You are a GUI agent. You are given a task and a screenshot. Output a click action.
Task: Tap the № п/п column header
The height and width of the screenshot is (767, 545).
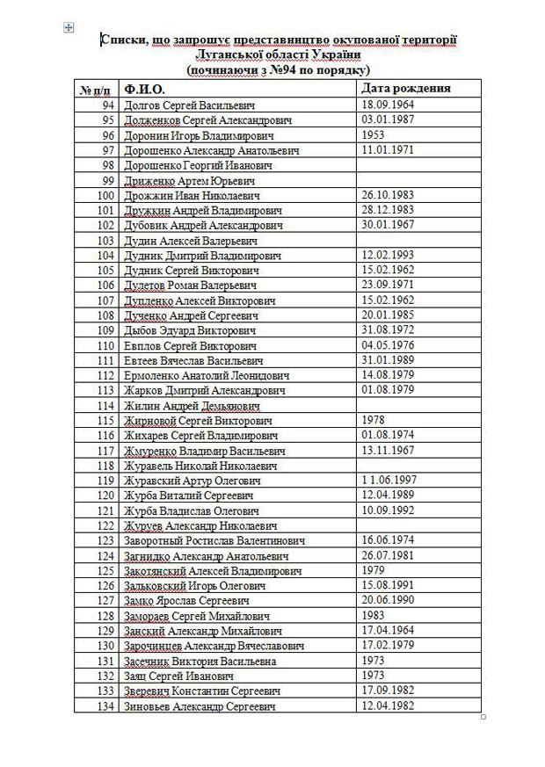pyautogui.click(x=96, y=90)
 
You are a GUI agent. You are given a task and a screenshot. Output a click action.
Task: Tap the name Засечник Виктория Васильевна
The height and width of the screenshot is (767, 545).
pyautogui.click(x=200, y=661)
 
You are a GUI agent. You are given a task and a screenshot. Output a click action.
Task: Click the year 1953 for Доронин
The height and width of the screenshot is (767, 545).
pyautogui.click(x=374, y=135)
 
